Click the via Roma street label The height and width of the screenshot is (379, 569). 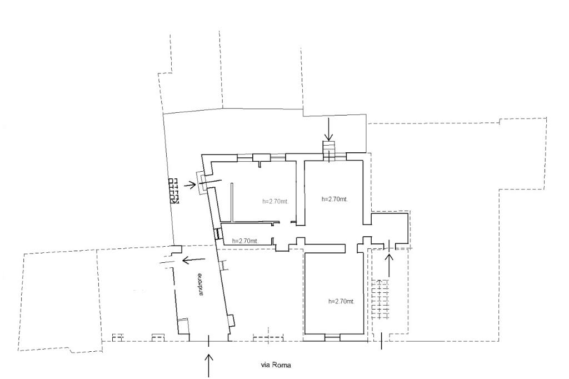(276, 365)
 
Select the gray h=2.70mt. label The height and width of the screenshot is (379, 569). (276, 202)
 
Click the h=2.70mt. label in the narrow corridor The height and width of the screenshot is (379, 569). (245, 241)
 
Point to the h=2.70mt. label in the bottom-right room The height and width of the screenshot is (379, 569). (341, 301)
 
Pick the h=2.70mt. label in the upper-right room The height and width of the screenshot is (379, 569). (335, 199)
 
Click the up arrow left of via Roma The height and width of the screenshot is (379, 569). (209, 365)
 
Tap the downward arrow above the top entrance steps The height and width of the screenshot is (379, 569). (328, 129)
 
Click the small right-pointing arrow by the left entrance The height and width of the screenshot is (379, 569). (190, 186)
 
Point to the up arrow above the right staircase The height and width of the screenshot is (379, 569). (390, 265)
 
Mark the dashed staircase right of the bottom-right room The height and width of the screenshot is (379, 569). (380, 300)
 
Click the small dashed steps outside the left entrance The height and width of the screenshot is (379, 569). (174, 191)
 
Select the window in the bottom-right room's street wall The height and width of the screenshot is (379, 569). (332, 338)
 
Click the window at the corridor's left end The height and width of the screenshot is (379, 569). (218, 233)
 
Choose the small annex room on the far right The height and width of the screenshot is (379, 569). (390, 228)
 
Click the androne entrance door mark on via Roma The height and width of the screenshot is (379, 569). (209, 341)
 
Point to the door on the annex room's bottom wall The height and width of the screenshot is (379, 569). (390, 247)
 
